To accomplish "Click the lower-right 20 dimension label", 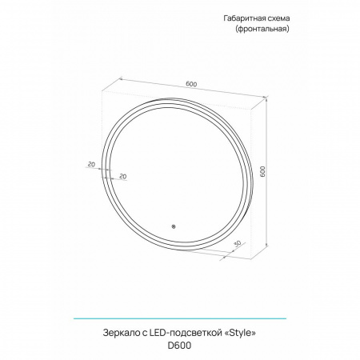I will [x=123, y=175].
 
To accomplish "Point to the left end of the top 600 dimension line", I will [x=120, y=78].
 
